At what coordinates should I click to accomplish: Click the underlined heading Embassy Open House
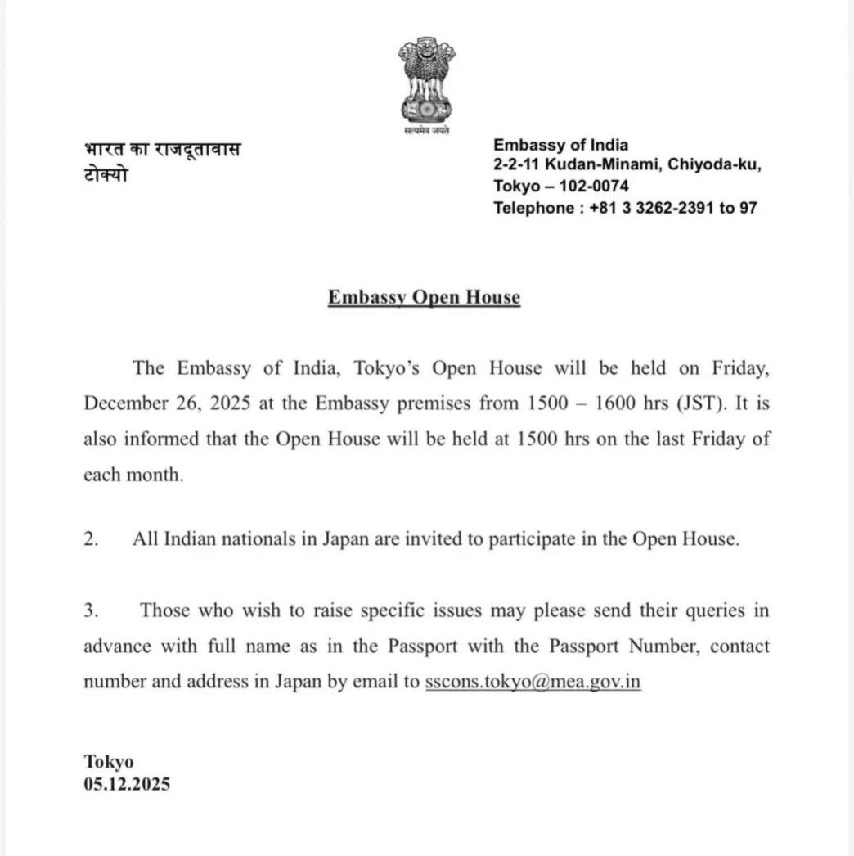coord(424,297)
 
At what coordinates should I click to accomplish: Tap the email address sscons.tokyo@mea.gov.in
coord(533,682)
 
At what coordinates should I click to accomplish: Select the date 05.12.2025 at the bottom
coord(127,783)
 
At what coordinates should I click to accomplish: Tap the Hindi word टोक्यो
coord(106,175)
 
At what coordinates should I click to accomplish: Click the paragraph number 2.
coord(90,540)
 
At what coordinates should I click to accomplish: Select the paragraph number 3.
coord(90,610)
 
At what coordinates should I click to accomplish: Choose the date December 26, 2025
coord(154,403)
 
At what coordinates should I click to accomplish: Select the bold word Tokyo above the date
coord(108,762)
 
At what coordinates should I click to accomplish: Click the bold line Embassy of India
coord(560,146)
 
